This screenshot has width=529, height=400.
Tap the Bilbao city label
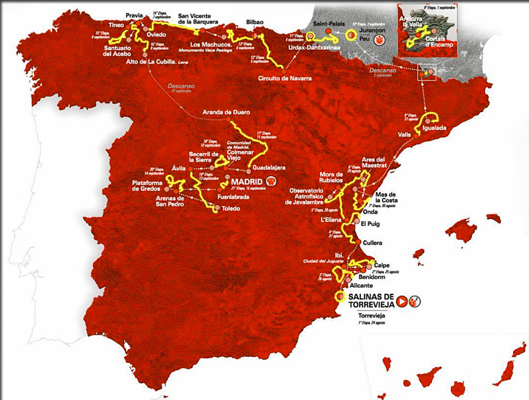[x=254, y=22]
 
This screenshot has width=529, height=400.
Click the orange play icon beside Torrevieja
[x=402, y=301]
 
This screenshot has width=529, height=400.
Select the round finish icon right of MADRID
[x=270, y=181]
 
